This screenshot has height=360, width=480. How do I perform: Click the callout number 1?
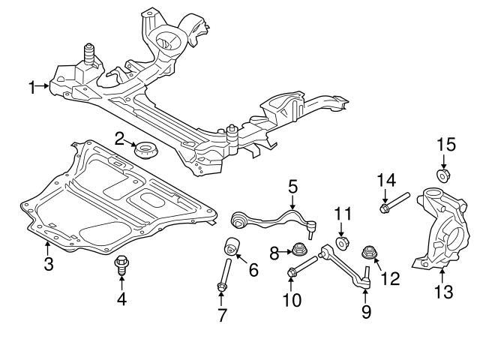pyautogui.click(x=32, y=88)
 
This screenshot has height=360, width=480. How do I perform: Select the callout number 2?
pyautogui.click(x=119, y=139)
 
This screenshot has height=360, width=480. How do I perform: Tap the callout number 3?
pyautogui.click(x=47, y=263)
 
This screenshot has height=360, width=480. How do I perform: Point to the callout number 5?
pyautogui.click(x=292, y=185)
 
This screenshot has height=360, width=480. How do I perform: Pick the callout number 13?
pyautogui.click(x=445, y=292)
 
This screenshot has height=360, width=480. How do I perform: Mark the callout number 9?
pyautogui.click(x=366, y=310)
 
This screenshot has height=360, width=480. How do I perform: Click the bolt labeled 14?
pyautogui.click(x=394, y=202)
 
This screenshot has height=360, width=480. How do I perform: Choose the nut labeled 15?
pyautogui.click(x=442, y=176)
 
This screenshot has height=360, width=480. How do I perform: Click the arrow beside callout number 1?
pyautogui.click(x=43, y=88)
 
